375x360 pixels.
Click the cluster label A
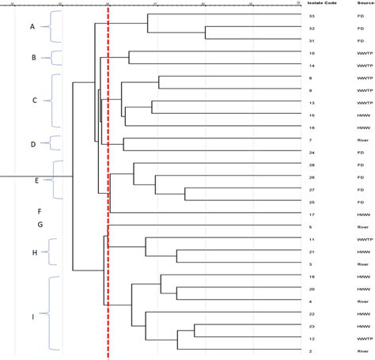32,26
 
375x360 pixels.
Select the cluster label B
33,58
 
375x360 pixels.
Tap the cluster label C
33,100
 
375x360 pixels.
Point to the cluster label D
33,144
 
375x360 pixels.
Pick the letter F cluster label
38,211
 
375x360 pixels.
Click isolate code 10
312,53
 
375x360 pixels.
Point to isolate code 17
312,214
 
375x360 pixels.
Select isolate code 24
312,152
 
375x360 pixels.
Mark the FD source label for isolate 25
362,203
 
